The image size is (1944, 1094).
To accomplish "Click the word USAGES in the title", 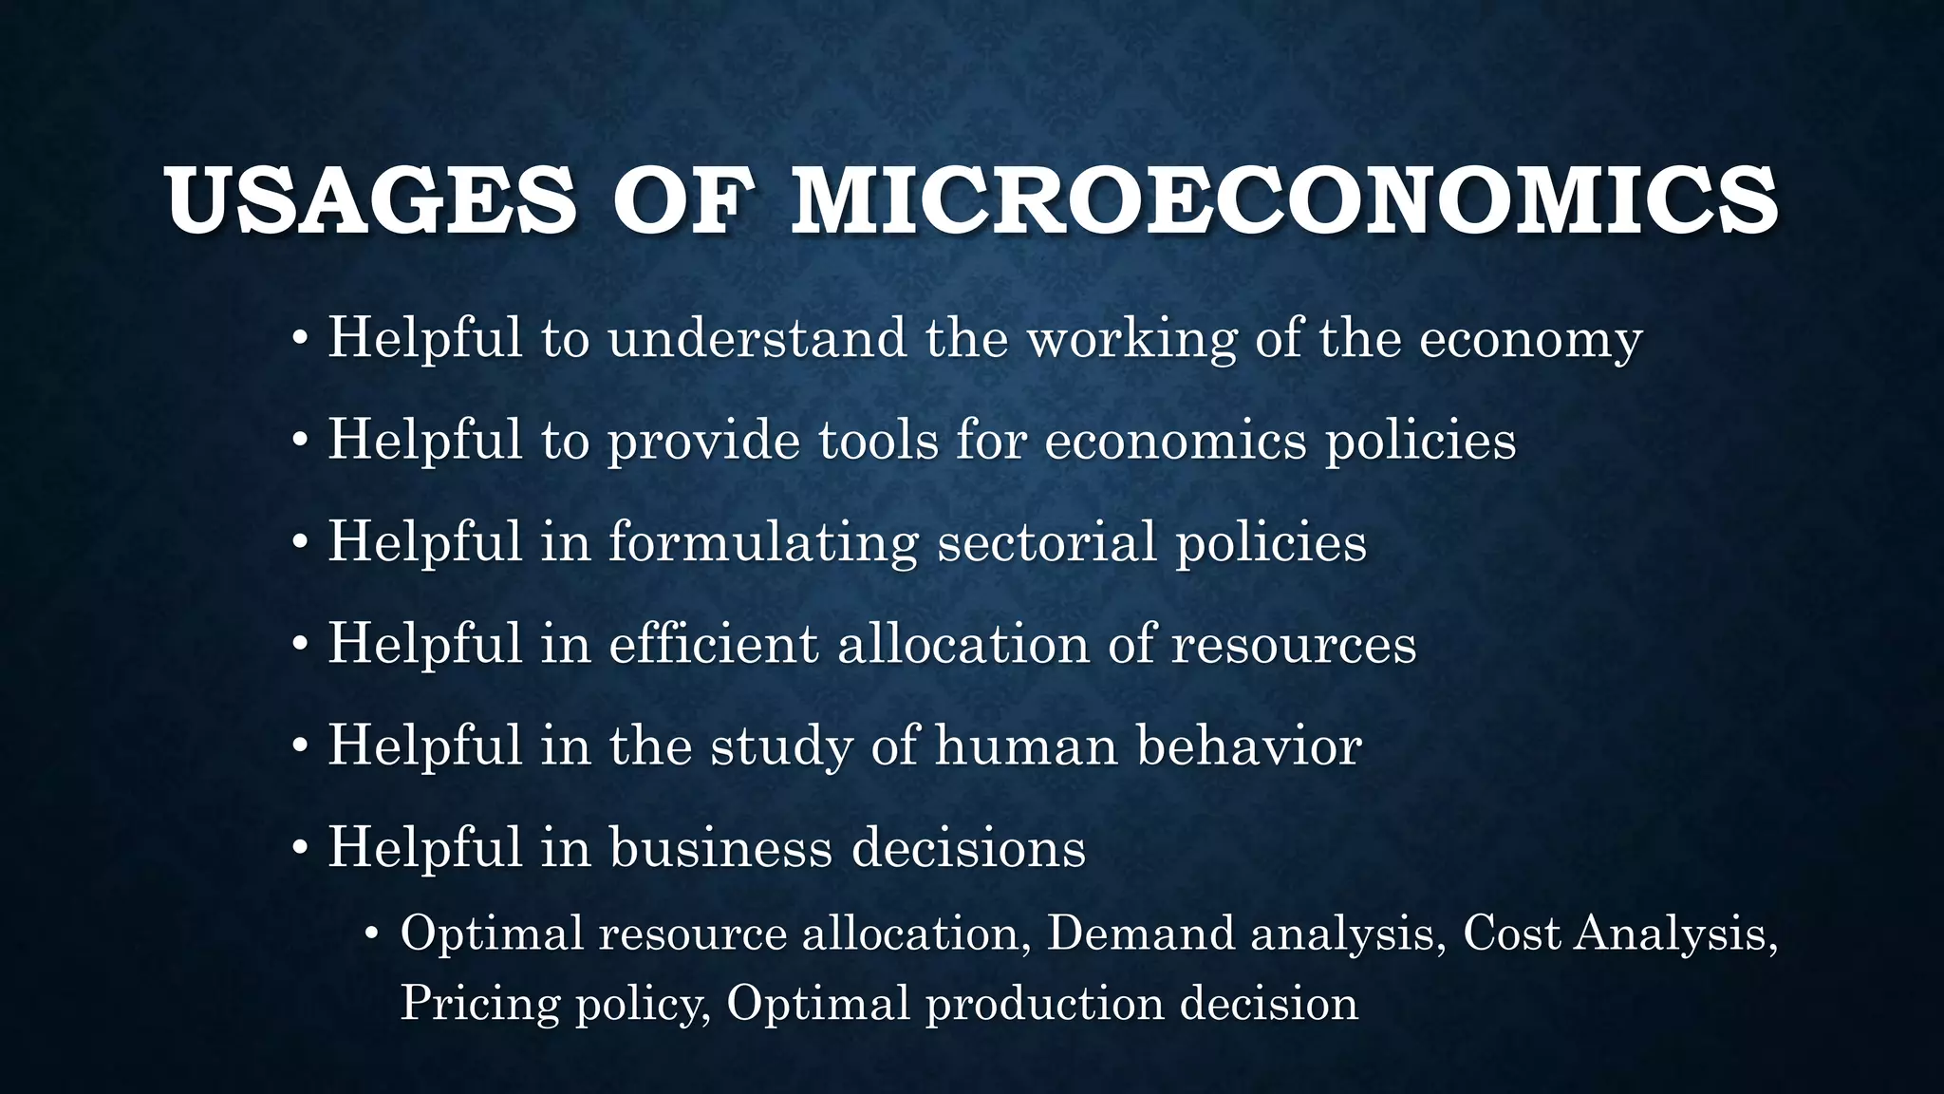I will click(x=370, y=201).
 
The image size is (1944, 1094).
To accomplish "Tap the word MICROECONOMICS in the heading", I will click(x=1284, y=201).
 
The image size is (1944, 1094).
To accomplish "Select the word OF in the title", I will click(x=682, y=201).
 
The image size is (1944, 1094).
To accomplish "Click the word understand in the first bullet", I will click(x=757, y=338).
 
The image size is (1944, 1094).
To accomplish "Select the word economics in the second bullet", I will click(x=1175, y=441).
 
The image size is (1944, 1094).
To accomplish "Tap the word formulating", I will click(x=763, y=543).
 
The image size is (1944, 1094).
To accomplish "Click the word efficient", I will click(x=713, y=644).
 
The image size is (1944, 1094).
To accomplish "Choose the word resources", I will click(x=1294, y=646).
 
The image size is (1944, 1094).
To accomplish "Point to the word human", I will click(x=1026, y=746).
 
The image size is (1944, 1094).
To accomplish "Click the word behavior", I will click(x=1249, y=745).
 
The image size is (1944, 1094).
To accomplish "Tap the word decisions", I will click(x=968, y=847).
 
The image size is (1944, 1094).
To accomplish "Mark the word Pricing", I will click(x=479, y=1005).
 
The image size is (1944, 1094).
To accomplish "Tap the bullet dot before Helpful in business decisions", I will click(x=300, y=848).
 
